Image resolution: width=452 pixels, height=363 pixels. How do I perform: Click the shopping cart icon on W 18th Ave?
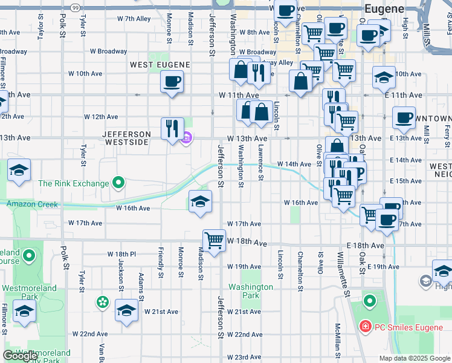tap(214, 240)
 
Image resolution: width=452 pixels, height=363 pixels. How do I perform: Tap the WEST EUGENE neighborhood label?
tap(160, 65)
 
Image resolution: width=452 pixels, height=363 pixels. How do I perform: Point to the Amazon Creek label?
tap(33, 204)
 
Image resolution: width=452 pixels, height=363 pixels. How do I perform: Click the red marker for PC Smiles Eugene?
tap(364, 327)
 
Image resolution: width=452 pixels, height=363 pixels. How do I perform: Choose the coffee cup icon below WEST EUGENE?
tap(172, 82)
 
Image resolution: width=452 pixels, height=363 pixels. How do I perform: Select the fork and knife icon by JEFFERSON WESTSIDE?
tap(172, 129)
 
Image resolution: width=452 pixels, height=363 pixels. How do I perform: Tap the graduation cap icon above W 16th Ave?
tap(200, 201)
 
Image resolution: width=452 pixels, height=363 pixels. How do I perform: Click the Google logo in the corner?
tap(19, 356)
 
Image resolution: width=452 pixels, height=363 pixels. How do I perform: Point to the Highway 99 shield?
tap(74, 7)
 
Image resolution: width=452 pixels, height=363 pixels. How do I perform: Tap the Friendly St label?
tap(161, 263)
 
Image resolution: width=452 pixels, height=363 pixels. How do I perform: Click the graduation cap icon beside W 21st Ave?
tap(126, 311)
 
